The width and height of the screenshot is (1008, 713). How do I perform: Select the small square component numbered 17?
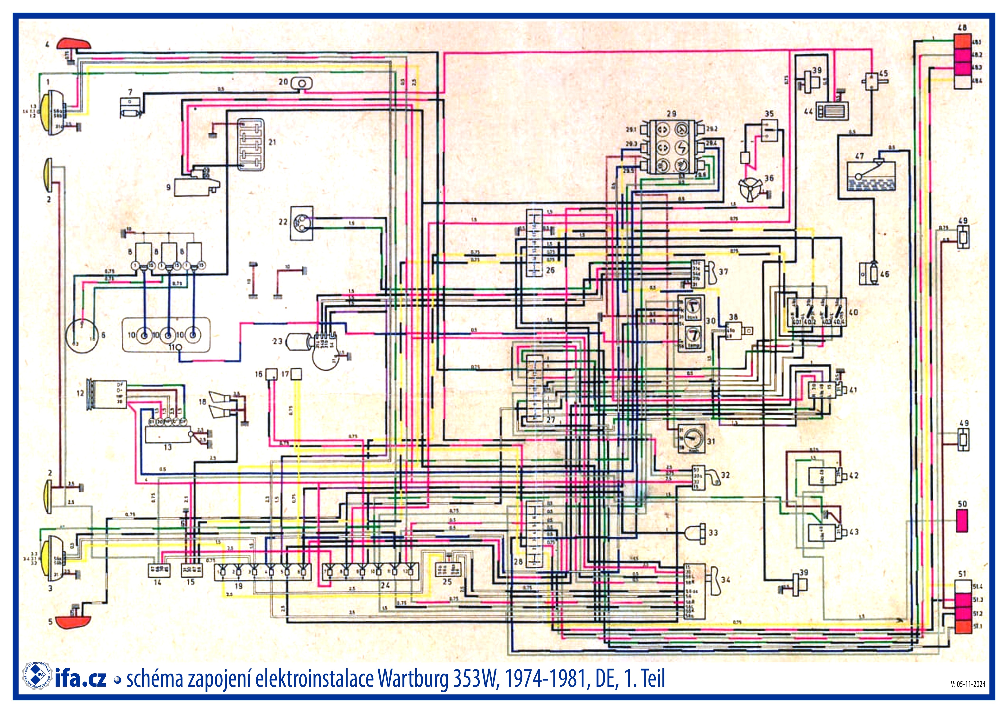pos(297,374)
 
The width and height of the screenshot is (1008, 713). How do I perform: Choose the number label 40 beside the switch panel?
pos(854,312)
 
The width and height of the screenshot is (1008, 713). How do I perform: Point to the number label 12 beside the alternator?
pos(80,393)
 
